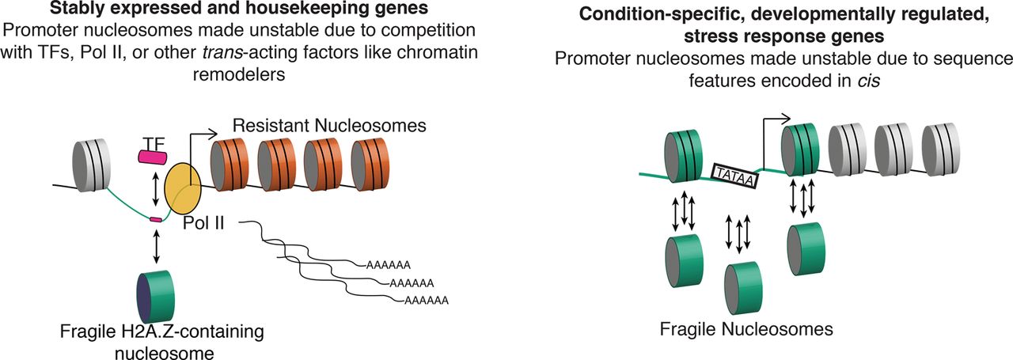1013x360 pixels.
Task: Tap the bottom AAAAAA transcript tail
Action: [427, 300]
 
